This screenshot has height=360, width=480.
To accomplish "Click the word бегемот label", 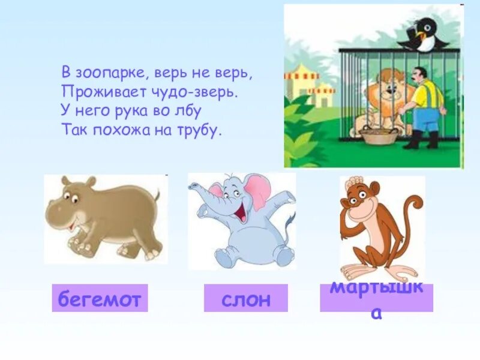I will pos(100,298).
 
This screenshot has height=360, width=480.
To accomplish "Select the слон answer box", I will pos(245,298).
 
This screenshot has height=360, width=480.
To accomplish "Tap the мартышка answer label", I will pos(376,298).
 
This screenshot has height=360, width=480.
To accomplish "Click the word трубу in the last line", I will pos(200,130).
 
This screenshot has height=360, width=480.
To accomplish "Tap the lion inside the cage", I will pos(384,102).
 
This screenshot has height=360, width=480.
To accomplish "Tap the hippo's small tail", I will pos(158,194).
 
